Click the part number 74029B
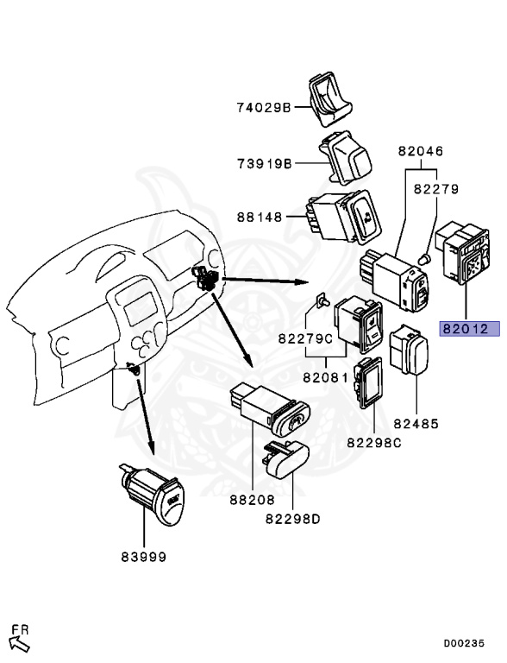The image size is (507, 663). [265, 108]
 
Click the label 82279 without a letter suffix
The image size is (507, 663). [435, 188]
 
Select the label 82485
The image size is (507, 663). [416, 424]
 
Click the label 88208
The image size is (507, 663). [252, 499]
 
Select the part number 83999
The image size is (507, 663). [143, 557]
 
